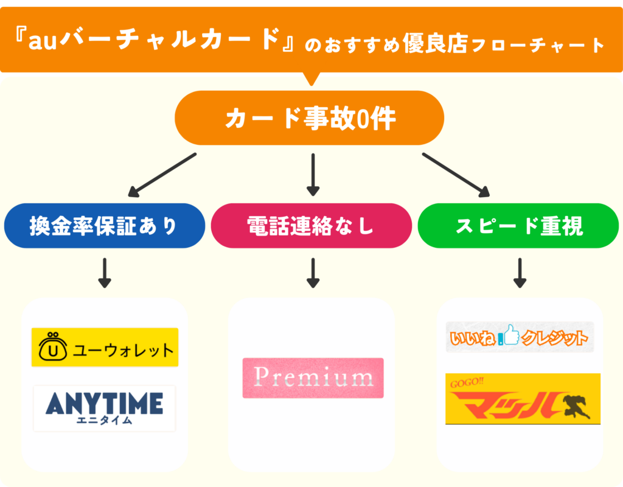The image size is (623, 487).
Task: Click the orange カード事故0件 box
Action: (310, 118)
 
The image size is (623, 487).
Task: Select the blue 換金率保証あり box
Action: (104, 226)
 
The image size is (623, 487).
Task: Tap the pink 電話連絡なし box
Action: (311, 226)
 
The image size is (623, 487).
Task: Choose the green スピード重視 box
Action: (518, 226)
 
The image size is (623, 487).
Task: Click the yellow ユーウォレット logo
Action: (105, 348)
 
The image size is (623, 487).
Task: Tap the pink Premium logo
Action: (313, 378)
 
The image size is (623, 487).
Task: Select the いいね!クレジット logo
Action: (520, 337)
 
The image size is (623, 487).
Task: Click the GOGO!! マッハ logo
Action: (523, 399)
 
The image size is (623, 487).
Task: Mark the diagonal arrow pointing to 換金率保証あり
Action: (162, 176)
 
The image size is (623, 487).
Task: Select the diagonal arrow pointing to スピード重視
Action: (456, 175)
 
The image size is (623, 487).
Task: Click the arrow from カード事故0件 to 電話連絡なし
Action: (313, 175)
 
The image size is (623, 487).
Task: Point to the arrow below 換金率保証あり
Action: (105, 273)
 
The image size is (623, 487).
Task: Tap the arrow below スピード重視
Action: (519, 273)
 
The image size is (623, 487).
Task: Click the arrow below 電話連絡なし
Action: (313, 273)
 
